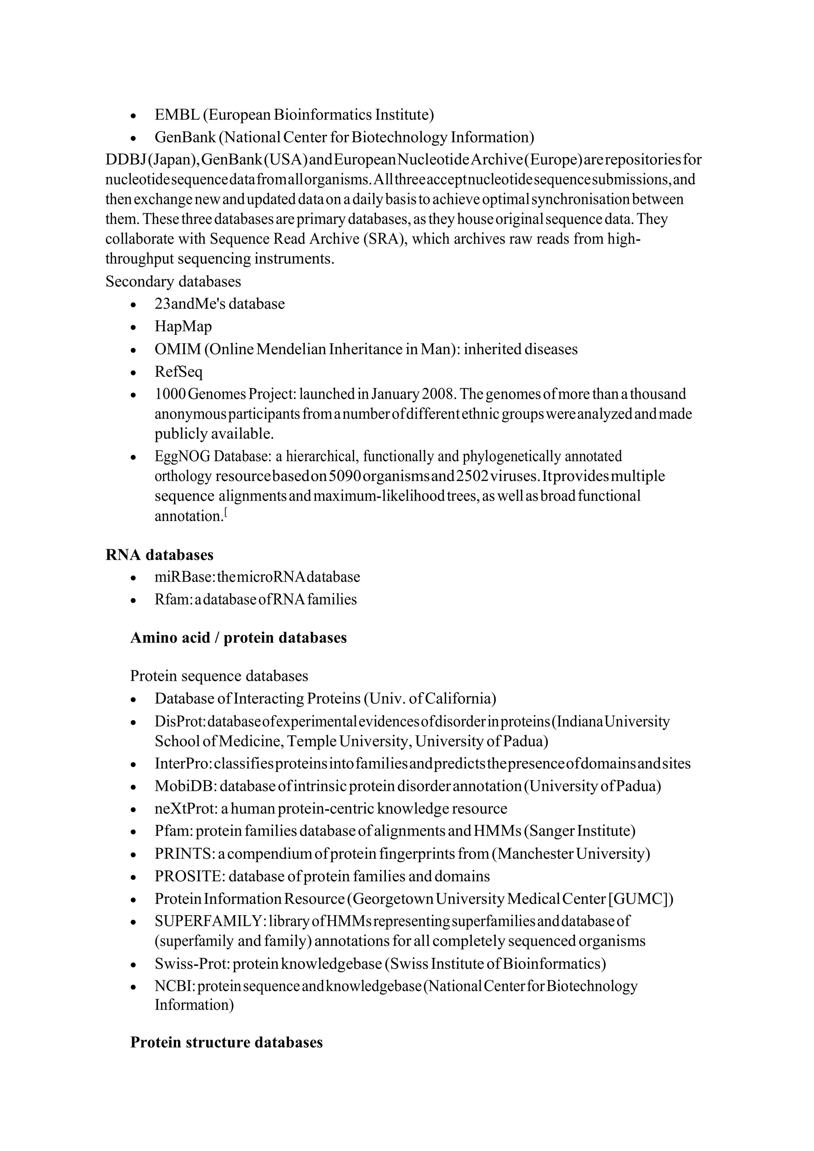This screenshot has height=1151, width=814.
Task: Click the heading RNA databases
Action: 159,555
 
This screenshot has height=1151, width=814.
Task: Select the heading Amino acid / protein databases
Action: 238,638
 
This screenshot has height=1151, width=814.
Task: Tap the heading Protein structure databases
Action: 226,1042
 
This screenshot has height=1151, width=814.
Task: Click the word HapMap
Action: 183,326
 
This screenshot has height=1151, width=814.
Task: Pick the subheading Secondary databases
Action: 173,281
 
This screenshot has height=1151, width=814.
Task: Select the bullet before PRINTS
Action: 133,855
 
